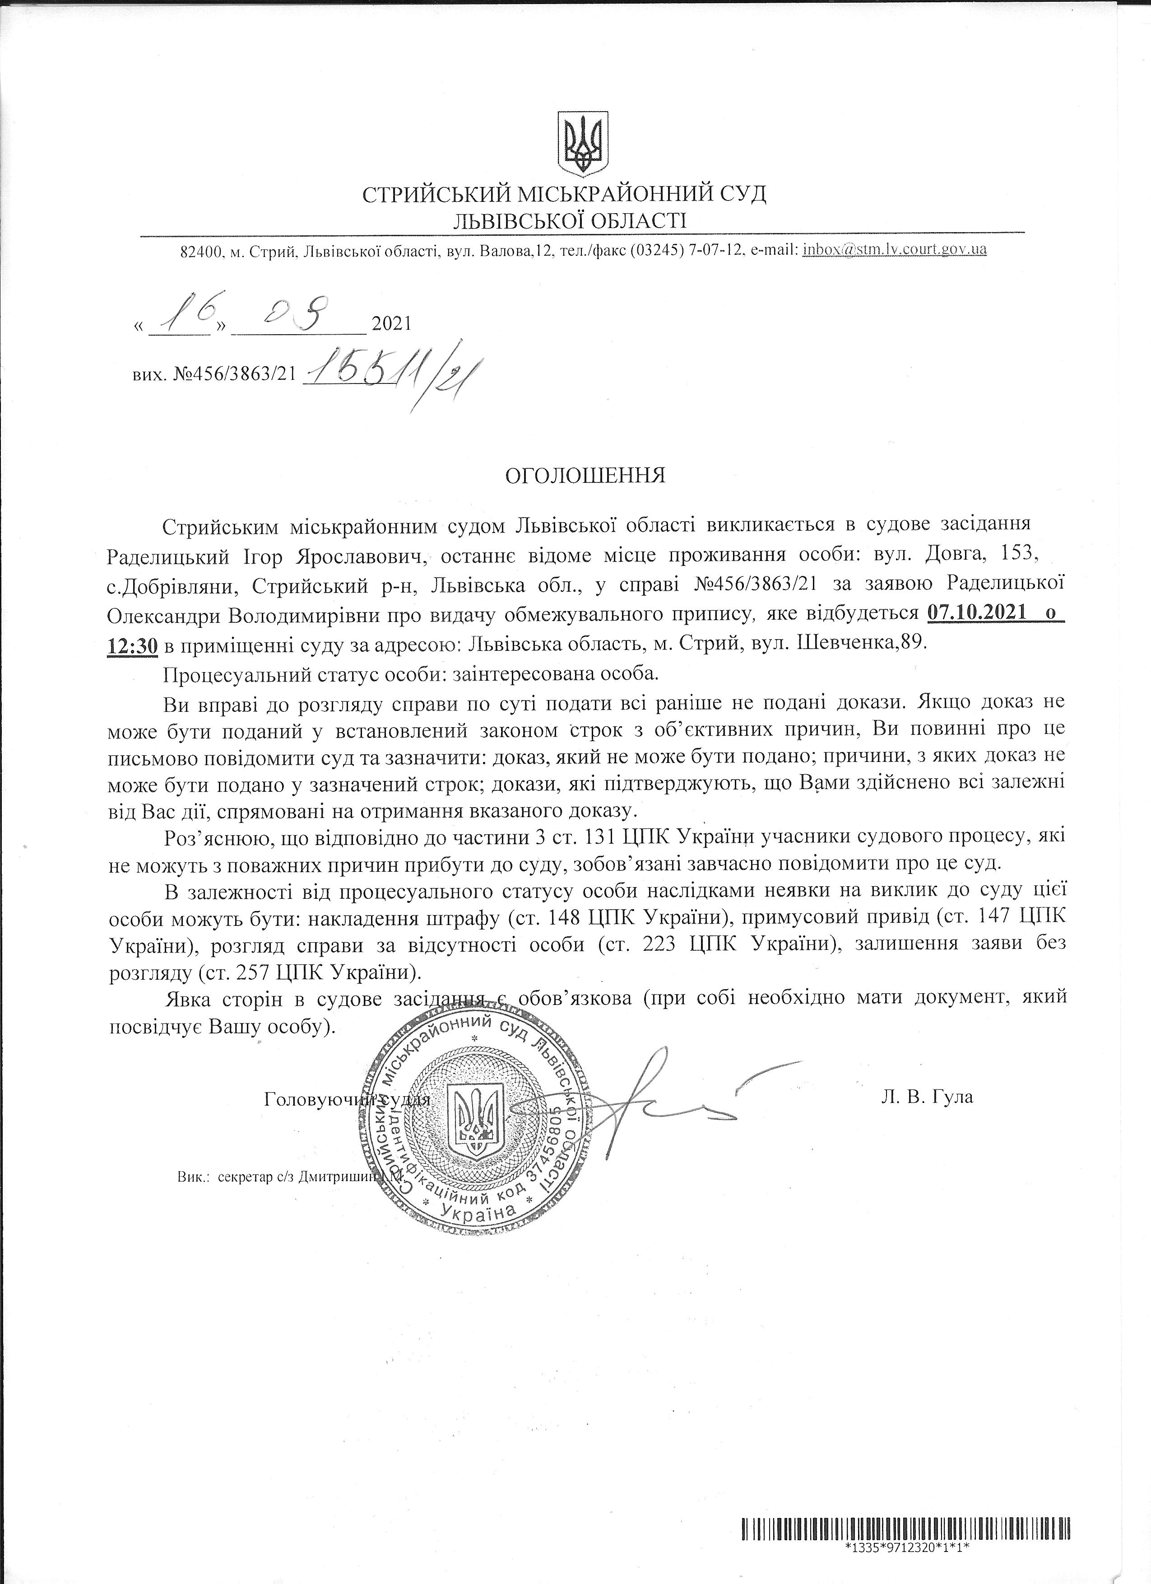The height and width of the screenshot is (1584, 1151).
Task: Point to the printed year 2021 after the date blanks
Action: point(392,324)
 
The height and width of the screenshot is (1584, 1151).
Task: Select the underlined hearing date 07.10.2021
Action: point(977,614)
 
